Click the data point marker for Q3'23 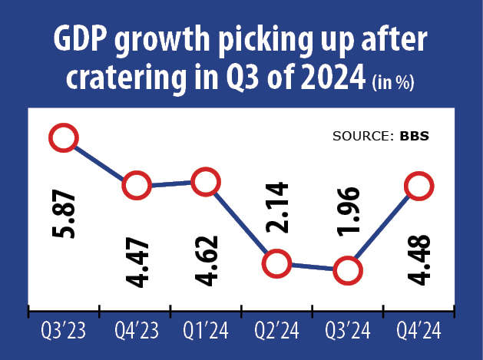64,138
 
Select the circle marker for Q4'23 136,186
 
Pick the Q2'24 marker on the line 276,264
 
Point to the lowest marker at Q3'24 347,270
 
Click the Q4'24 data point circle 418,186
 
